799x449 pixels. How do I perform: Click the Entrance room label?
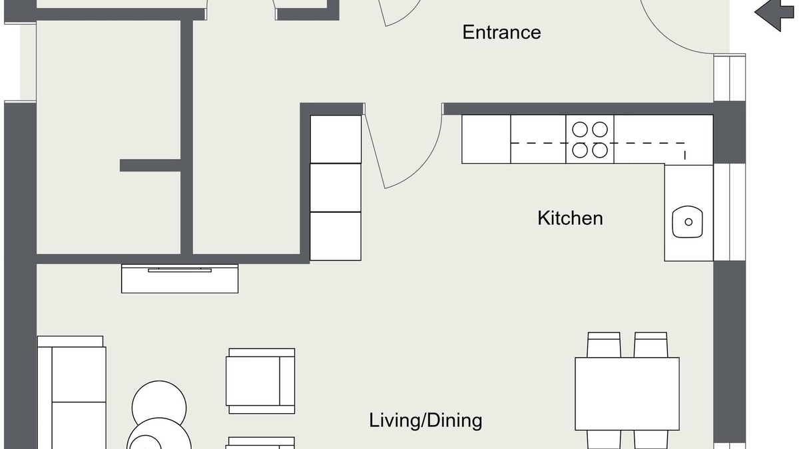pos(501,33)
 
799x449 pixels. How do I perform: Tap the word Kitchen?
pos(570,218)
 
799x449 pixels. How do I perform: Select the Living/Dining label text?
pos(425,420)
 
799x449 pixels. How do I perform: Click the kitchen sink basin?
pos(687,222)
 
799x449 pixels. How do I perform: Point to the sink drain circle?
pos(688,222)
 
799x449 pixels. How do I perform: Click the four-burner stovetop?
pos(590,139)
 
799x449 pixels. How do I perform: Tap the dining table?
pos(627,394)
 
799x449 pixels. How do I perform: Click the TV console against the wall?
pos(180,279)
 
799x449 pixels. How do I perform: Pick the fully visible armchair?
pos(260,381)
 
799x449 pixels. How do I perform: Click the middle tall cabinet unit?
pos(336,188)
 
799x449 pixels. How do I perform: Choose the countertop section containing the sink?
pos(688,213)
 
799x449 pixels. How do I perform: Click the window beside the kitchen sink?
pos(730,212)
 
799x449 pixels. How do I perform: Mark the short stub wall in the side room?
pos(150,166)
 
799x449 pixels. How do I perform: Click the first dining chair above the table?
pos(603,345)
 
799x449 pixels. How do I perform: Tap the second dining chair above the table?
pos(651,345)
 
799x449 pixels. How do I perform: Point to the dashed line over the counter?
pos(598,143)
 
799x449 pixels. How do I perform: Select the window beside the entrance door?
pos(730,78)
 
